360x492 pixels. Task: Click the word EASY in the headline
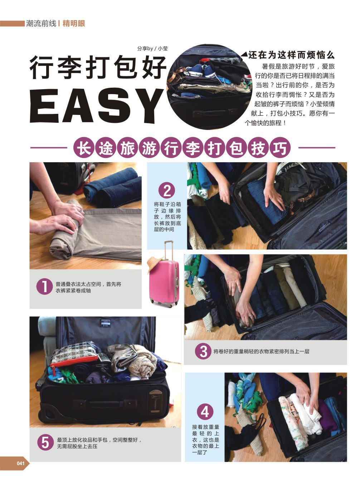(x=97, y=106)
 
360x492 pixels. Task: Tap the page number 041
(x=20, y=463)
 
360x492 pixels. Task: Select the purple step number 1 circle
(x=45, y=286)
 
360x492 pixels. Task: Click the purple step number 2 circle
(x=167, y=190)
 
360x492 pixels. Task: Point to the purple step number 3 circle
(x=203, y=351)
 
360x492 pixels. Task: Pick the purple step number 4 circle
(x=205, y=411)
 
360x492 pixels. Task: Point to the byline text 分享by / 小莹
(x=152, y=49)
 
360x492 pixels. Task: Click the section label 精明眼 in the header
(x=74, y=23)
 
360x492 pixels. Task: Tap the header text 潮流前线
(x=41, y=23)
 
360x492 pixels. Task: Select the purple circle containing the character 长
(x=84, y=148)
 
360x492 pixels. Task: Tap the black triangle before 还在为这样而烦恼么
(x=244, y=54)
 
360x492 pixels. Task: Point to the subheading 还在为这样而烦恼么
(x=291, y=55)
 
